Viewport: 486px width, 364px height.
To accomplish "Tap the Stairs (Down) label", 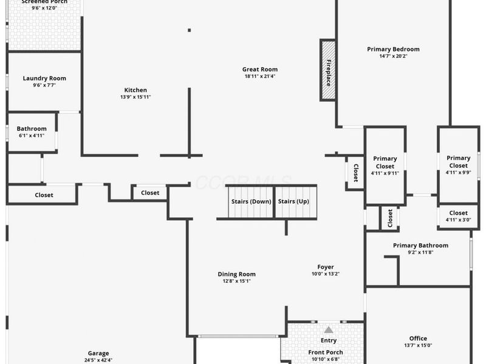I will (x=251, y=201).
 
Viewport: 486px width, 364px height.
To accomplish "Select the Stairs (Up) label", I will (x=293, y=201).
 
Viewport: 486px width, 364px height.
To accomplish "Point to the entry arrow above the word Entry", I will (x=329, y=330).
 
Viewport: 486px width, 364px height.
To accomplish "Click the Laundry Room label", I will (x=44, y=78).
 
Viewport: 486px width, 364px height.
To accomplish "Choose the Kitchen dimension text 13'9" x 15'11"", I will (x=135, y=97).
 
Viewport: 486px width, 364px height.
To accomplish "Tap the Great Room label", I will (x=259, y=69).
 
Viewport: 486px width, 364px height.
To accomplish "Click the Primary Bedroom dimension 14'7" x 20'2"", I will (x=393, y=56).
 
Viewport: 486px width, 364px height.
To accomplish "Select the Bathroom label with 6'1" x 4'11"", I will (x=32, y=129).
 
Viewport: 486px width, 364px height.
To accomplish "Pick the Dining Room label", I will (x=236, y=274).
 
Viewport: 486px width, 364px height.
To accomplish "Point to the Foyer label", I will (x=326, y=267).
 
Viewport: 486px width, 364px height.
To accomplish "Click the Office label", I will (x=418, y=339).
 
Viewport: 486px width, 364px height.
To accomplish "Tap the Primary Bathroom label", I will (x=420, y=246).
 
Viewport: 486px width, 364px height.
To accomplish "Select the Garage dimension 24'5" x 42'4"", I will (x=98, y=360).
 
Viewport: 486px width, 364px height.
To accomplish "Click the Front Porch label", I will (x=326, y=352).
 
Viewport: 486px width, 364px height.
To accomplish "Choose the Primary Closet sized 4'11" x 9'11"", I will (x=385, y=162).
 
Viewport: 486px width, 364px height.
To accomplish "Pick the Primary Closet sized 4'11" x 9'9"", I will (x=458, y=161).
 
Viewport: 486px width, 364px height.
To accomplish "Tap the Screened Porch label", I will (x=44, y=2).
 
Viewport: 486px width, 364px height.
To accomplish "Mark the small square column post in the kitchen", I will (x=190, y=30).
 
